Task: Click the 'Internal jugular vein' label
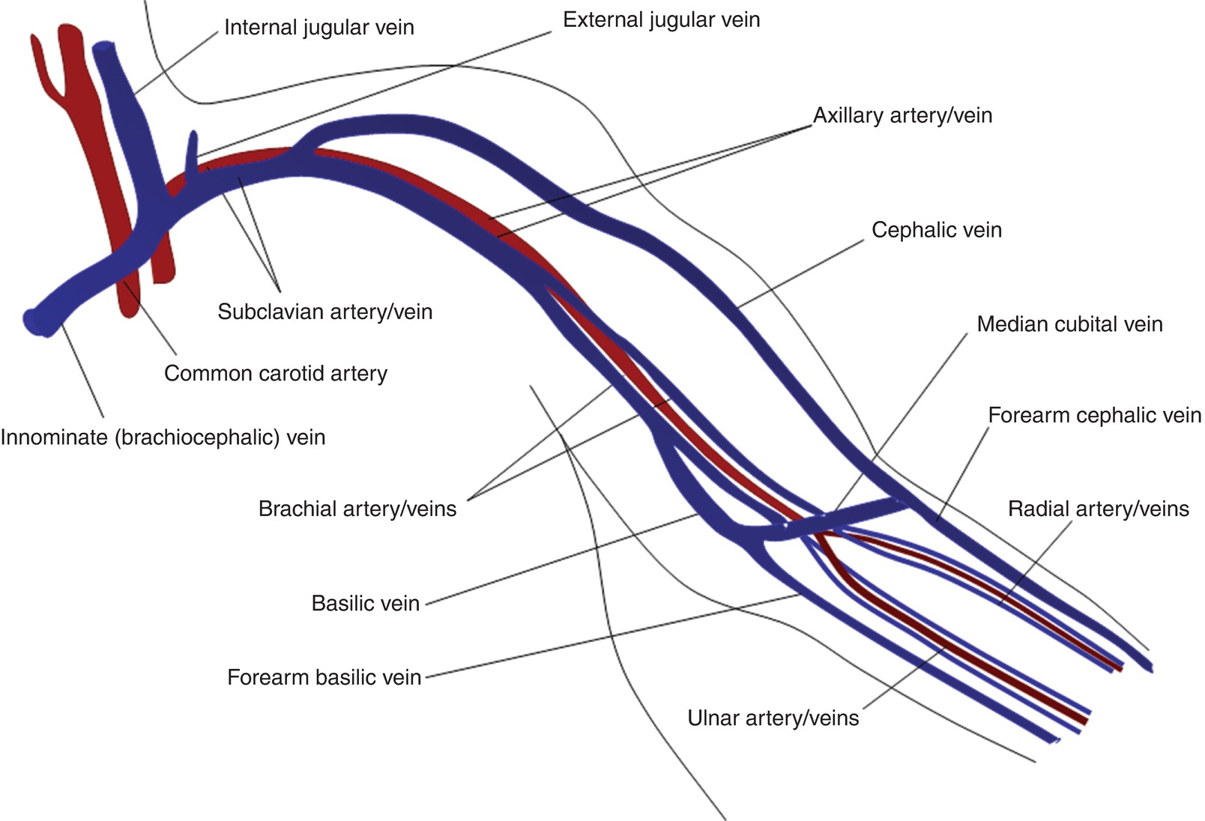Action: point(318,28)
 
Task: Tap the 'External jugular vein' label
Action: point(661,20)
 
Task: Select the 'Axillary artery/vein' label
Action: point(902,115)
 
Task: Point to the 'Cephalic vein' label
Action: point(936,230)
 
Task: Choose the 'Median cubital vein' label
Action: point(1069,324)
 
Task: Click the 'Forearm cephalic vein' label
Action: point(1094,415)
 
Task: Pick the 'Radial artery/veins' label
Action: point(1098,509)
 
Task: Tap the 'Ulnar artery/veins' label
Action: point(773,718)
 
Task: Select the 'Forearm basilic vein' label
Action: point(324,678)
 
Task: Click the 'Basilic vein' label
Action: point(365,604)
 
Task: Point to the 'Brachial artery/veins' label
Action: point(357,509)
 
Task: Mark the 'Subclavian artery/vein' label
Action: point(324,312)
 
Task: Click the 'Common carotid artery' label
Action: point(275,374)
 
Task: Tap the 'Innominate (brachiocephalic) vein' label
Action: point(163,437)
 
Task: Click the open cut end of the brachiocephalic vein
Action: point(34,322)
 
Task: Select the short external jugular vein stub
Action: point(193,150)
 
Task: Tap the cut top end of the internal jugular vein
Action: point(105,49)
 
